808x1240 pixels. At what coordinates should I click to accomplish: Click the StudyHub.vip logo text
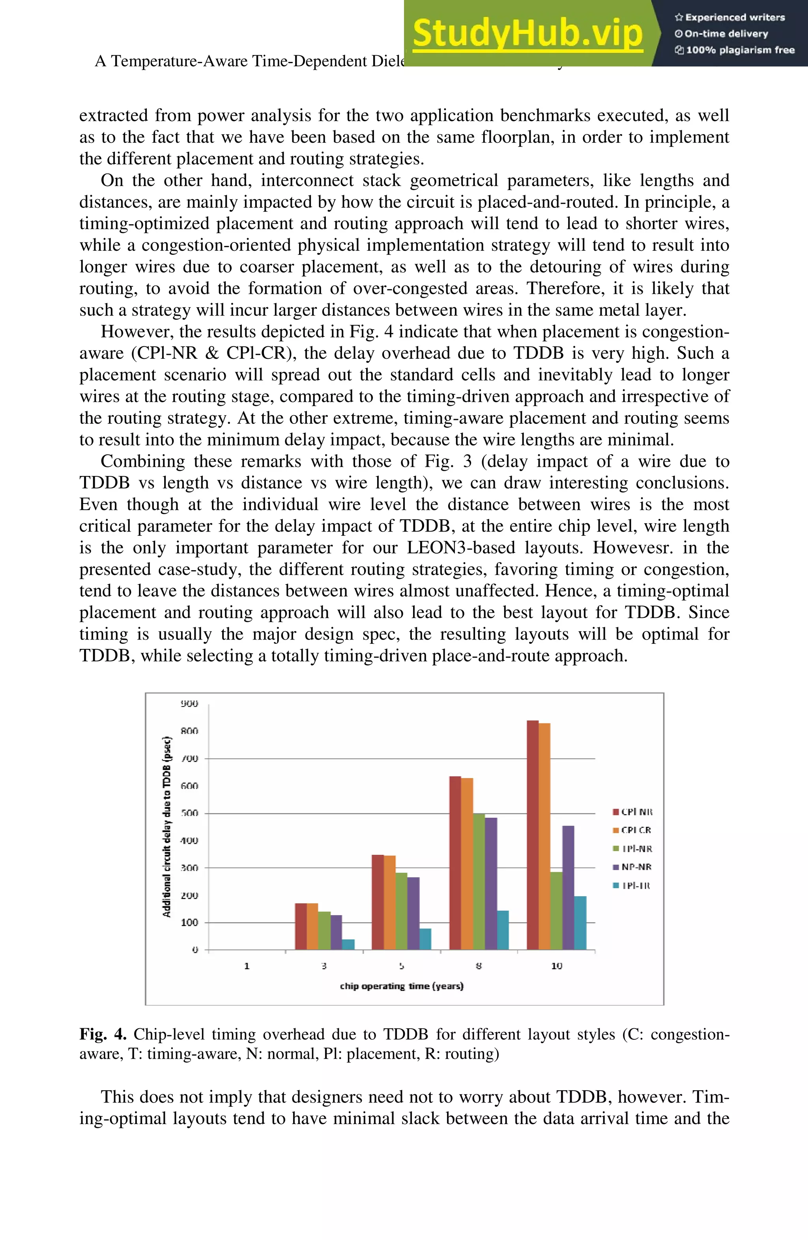pos(527,34)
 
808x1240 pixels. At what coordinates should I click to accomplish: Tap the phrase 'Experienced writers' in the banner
pos(735,17)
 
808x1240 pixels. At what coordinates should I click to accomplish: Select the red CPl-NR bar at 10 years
pos(532,835)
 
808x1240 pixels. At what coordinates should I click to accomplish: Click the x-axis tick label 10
pos(556,966)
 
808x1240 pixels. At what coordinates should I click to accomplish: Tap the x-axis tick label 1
pos(247,966)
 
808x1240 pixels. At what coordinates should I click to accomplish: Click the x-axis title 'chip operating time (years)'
pos(401,986)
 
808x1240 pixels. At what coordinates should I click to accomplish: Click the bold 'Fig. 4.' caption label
pos(103,1034)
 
